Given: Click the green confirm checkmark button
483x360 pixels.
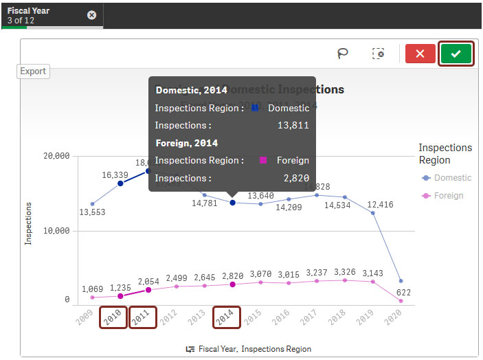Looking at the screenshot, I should click(x=456, y=54).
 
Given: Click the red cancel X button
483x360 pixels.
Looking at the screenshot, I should click(x=420, y=54).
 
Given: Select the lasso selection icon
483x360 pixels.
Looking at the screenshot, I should click(x=342, y=54).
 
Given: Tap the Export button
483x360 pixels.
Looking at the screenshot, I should click(x=33, y=71).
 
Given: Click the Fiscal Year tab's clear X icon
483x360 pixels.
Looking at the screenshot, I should click(x=92, y=15).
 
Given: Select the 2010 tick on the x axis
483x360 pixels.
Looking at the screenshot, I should click(x=113, y=317).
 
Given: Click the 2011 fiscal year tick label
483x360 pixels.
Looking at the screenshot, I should click(x=142, y=317).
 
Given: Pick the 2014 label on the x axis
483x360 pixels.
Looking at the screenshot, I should click(x=226, y=317).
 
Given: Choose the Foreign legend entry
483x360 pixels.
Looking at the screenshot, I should click(x=448, y=196).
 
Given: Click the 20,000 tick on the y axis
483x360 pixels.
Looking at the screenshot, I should click(x=57, y=156).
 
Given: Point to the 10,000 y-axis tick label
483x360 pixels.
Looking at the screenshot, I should click(x=57, y=231).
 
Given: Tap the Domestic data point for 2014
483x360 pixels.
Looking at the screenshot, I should click(x=233, y=203).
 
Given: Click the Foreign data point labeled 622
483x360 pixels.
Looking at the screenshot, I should click(x=401, y=301).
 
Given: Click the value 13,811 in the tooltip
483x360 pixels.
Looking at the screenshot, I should click(x=293, y=125).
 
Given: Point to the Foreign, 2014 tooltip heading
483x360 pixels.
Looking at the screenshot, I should click(x=187, y=143).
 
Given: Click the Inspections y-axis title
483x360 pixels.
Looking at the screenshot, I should click(x=28, y=223).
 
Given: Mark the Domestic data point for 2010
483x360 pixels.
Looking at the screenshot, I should click(x=120, y=183).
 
